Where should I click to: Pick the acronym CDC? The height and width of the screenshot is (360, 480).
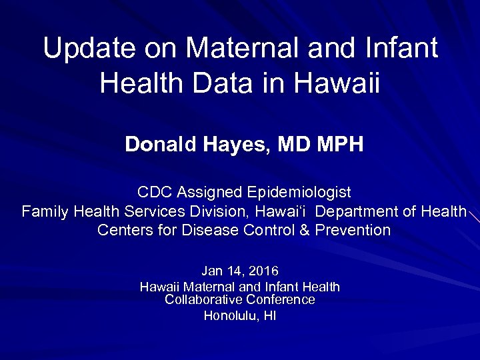tap(153, 193)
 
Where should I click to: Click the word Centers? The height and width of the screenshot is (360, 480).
tap(121, 231)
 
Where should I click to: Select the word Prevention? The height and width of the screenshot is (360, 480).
tap(352, 231)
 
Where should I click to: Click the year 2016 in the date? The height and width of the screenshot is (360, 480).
tap(263, 271)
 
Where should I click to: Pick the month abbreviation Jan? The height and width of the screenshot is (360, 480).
tap(212, 271)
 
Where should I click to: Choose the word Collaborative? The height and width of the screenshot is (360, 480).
tap(203, 300)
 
